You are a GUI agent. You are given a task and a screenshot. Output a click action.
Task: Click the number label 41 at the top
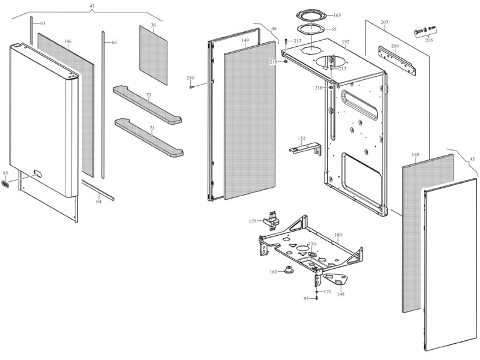click(92, 5)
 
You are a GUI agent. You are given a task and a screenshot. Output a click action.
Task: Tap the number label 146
click(68, 41)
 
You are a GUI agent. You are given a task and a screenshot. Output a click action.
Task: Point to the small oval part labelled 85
click(7, 184)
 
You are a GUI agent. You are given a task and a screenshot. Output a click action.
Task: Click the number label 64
click(98, 202)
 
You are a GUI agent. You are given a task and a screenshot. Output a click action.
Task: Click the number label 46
click(274, 28)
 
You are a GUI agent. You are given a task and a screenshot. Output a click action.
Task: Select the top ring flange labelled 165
click(312, 14)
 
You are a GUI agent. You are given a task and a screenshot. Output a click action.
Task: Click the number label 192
click(345, 42)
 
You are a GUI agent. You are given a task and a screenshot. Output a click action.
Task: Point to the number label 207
click(385, 23)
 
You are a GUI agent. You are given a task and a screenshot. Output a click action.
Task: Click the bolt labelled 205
click(420, 29)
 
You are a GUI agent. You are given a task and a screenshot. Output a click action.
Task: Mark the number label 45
click(472, 159)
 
